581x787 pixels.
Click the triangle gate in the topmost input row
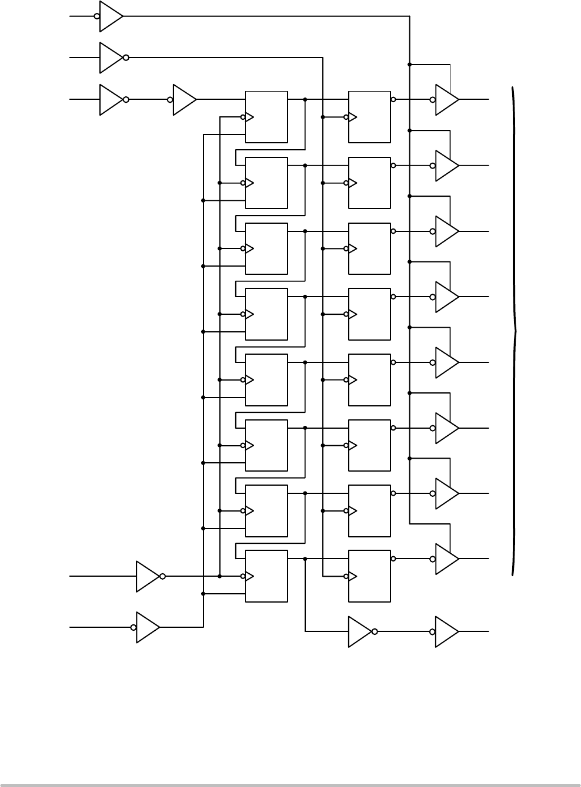(x=111, y=16)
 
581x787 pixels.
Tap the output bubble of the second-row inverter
(x=126, y=58)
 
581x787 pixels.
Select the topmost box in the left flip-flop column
(x=266, y=117)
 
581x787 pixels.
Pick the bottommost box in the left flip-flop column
(x=266, y=576)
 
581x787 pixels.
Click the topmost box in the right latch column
(x=369, y=117)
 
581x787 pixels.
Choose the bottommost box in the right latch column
(x=369, y=576)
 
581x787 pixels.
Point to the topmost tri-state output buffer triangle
(x=446, y=100)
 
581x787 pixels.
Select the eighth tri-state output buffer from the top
(x=446, y=559)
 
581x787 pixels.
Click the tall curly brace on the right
(x=515, y=332)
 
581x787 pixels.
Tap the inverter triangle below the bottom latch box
(x=359, y=632)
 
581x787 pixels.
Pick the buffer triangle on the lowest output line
(x=446, y=632)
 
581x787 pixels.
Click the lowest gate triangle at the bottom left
(x=147, y=627)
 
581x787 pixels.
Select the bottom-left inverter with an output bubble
(x=147, y=576)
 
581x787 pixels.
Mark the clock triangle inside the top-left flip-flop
(x=249, y=117)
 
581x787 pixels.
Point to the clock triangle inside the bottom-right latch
(x=353, y=577)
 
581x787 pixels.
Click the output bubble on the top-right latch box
(x=393, y=100)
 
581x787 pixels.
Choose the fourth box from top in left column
(x=266, y=314)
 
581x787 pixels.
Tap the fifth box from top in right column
(x=369, y=379)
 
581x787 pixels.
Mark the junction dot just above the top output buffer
(x=409, y=64)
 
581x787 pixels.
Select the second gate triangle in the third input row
(x=184, y=100)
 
